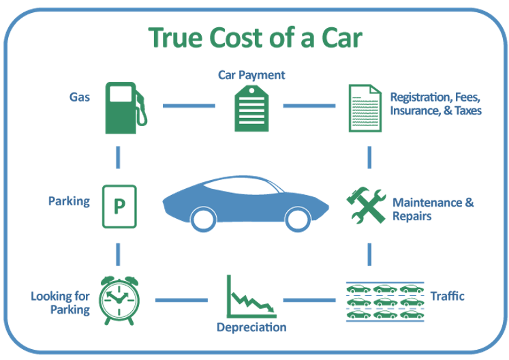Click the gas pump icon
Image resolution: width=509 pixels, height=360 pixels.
point(126,108)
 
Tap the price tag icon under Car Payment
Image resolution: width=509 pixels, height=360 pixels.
point(251,108)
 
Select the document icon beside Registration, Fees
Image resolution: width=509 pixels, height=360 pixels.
point(365,108)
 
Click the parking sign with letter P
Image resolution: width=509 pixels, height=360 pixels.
point(119,207)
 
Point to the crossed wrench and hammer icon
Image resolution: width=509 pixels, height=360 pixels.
point(366,205)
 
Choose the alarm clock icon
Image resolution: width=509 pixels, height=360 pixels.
point(119,300)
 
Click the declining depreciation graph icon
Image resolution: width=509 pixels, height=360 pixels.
point(251,297)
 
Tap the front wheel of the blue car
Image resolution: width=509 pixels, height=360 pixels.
point(298,220)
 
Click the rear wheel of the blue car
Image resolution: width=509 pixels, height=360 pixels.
point(204,220)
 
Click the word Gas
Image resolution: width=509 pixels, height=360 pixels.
point(80,97)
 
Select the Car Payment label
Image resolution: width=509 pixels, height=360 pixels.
point(251,75)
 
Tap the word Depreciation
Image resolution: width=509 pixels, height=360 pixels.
point(251,327)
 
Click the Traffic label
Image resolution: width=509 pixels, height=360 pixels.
point(447,296)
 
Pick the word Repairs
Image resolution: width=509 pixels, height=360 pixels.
point(412,216)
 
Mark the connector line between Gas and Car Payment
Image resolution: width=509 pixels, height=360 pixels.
point(189,106)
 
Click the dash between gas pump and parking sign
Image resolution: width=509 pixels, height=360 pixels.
point(118,157)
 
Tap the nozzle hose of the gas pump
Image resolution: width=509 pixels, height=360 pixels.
point(142,109)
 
